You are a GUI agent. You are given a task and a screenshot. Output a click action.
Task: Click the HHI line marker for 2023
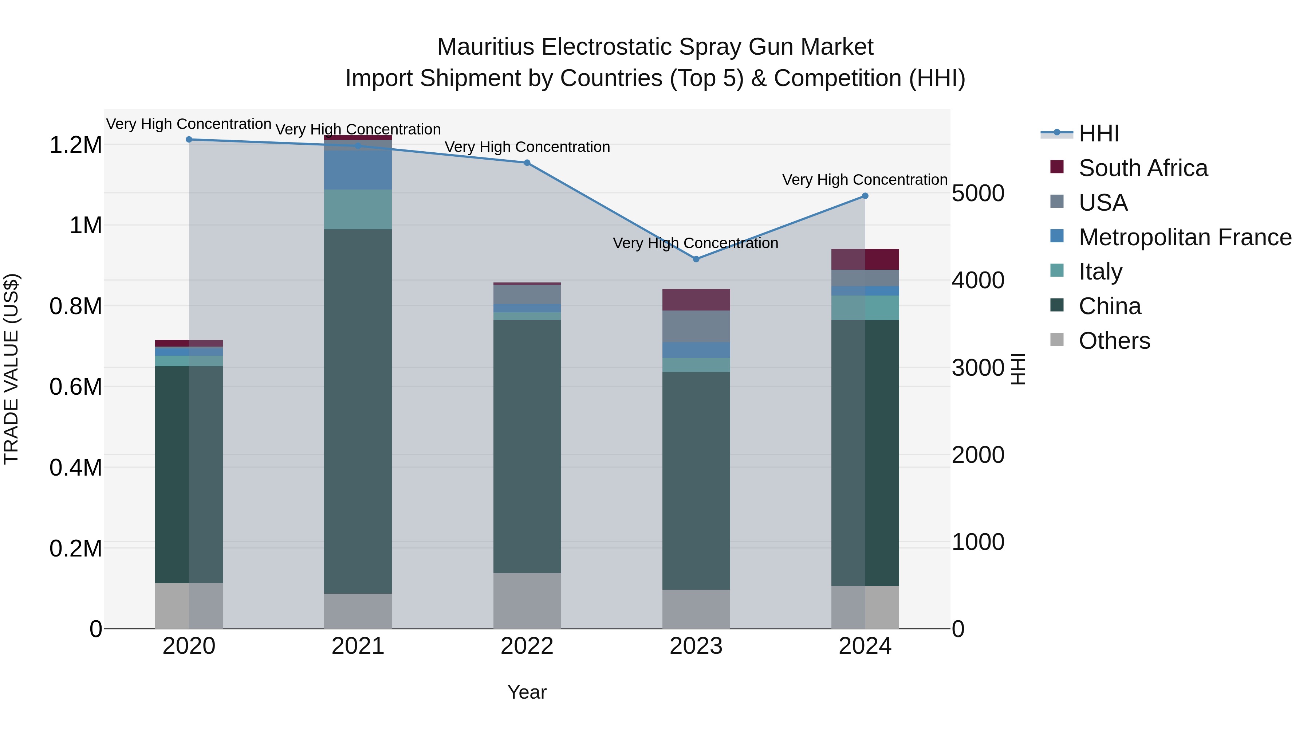(x=696, y=259)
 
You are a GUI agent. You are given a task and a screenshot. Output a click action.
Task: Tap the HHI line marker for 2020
(x=189, y=139)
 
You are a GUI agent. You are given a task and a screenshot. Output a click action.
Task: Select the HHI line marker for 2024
(x=865, y=196)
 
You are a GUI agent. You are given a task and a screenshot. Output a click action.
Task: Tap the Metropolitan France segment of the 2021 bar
(x=358, y=169)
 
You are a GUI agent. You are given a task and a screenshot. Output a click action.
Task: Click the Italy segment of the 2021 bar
(x=358, y=209)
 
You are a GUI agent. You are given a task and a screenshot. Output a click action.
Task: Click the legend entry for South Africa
(x=1142, y=168)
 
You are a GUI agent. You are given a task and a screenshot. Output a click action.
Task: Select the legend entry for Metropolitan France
(x=1184, y=237)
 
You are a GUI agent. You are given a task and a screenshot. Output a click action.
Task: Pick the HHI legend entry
(x=1098, y=133)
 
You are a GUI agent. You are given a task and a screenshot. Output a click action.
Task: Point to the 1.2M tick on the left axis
(x=76, y=145)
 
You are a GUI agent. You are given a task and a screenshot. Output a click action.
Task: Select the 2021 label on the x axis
(x=358, y=646)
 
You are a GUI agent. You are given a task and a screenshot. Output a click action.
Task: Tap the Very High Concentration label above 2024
(x=864, y=180)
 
